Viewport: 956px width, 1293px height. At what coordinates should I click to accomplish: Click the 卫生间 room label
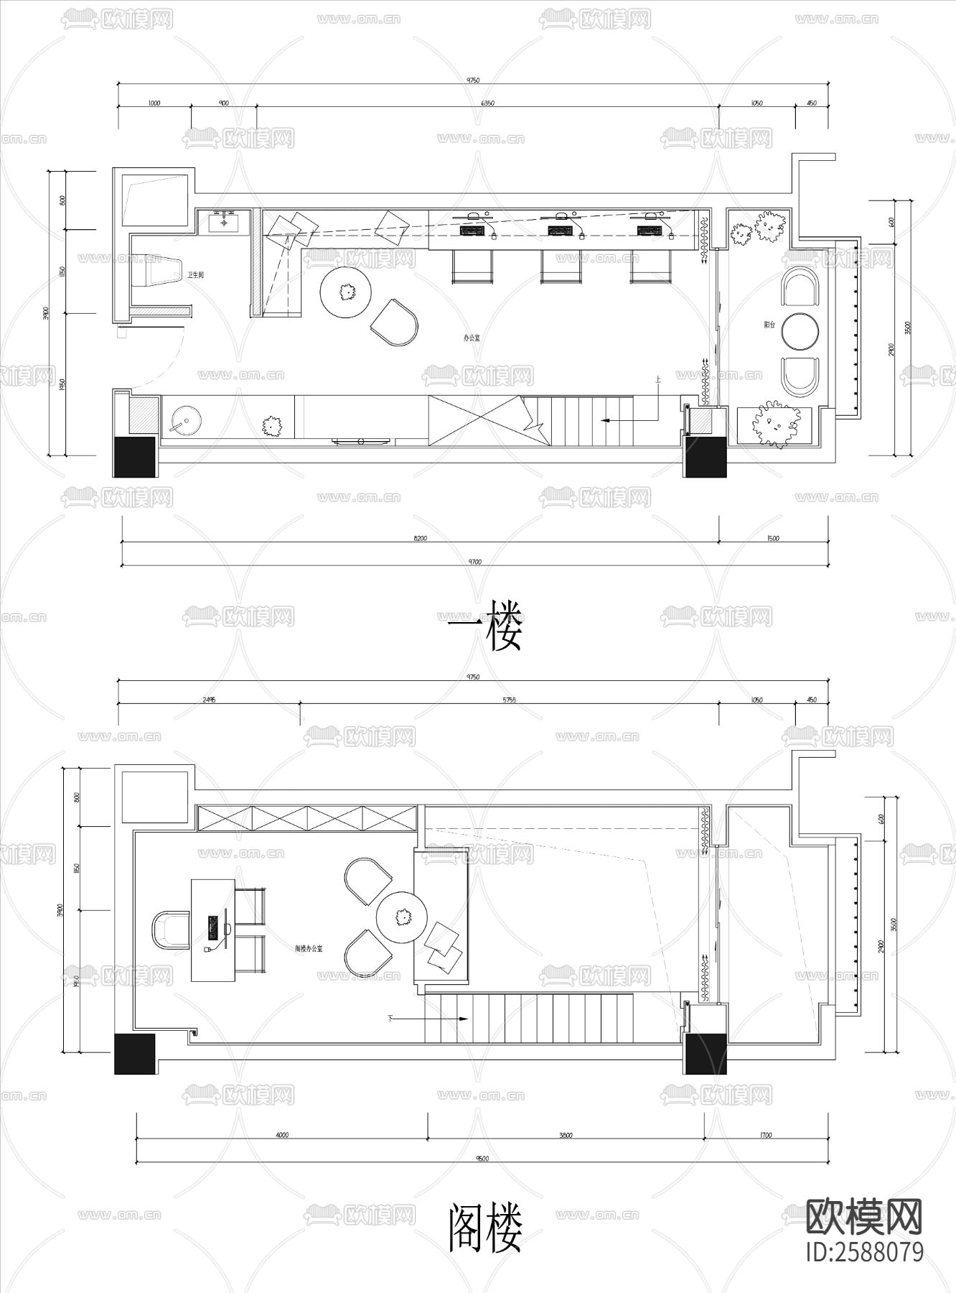click(196, 276)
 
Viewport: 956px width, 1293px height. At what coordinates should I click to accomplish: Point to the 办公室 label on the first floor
click(472, 337)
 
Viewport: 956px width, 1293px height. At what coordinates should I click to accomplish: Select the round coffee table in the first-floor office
click(347, 292)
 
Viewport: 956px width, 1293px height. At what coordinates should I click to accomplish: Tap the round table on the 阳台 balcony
click(801, 331)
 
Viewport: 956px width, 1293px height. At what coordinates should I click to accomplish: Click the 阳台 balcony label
click(769, 325)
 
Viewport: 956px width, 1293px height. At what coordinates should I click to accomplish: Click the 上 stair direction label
click(657, 379)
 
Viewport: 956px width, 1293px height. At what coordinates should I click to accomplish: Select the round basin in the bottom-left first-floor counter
click(185, 420)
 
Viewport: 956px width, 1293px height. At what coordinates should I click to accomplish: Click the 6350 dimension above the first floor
click(487, 103)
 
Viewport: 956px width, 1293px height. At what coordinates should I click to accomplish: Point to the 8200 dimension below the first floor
click(421, 538)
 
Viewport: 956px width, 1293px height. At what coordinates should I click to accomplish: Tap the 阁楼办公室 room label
click(309, 949)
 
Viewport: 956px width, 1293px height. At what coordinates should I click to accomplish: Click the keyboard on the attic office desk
click(213, 928)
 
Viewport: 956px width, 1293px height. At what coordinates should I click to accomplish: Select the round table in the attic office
click(403, 917)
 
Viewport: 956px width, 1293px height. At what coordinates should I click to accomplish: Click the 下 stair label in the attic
click(391, 1018)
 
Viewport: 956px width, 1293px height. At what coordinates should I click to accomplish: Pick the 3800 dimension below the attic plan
click(566, 1136)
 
